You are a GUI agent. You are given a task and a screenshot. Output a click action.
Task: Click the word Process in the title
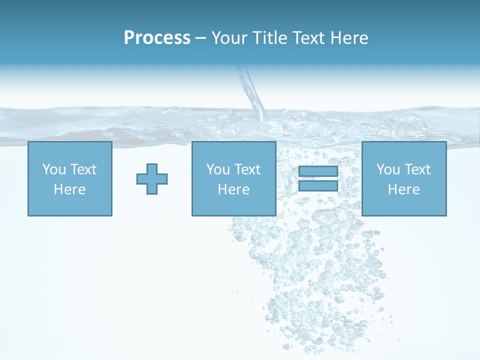click(157, 38)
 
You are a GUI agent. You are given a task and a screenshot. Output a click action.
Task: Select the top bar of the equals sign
click(318, 171)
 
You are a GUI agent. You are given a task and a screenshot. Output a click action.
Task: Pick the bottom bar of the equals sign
click(318, 186)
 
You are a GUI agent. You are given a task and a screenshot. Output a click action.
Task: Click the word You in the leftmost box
click(53, 169)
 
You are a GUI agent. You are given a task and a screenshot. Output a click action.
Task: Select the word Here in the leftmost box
click(69, 189)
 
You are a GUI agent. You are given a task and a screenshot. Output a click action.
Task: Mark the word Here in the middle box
click(233, 189)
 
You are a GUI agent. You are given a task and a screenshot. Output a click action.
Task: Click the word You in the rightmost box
click(387, 169)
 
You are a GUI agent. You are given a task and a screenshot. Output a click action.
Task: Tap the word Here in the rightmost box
click(403, 189)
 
